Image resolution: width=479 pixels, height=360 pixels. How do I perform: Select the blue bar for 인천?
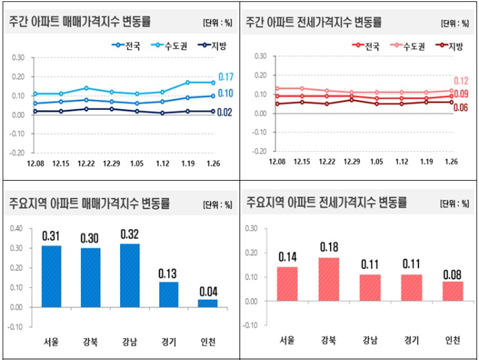pos(208,303)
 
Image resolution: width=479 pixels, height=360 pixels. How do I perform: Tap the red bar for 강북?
pos(329,279)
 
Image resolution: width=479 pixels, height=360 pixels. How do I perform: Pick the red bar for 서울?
pos(287,284)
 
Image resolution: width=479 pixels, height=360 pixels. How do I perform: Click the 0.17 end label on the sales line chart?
pos(226,77)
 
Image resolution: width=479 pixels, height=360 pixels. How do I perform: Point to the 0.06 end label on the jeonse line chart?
pos(461,107)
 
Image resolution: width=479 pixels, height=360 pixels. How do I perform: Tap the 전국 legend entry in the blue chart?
pos(123,46)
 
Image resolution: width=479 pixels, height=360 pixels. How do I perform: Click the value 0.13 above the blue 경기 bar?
pos(169,274)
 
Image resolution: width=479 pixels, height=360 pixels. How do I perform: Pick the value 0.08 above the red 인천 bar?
pos(453,274)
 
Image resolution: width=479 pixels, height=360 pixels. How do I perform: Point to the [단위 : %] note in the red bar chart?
pos(453,203)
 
